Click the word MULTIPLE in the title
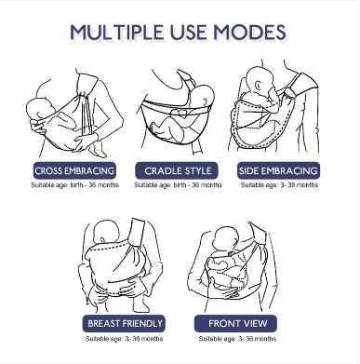[117, 32]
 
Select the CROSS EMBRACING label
[74, 170]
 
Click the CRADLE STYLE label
[177, 170]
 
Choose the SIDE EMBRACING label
[278, 170]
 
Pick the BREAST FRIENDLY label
[124, 324]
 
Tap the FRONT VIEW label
[235, 324]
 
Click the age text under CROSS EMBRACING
[74, 185]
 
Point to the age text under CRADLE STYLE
[178, 185]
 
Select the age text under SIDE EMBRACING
[279, 185]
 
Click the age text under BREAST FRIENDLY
[124, 339]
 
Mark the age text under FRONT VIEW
[237, 339]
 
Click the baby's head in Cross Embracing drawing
[40, 109]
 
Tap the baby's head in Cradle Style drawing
[203, 96]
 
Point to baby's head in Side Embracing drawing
[260, 80]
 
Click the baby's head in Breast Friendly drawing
[105, 233]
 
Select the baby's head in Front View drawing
[226, 239]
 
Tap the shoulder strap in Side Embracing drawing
[302, 84]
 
